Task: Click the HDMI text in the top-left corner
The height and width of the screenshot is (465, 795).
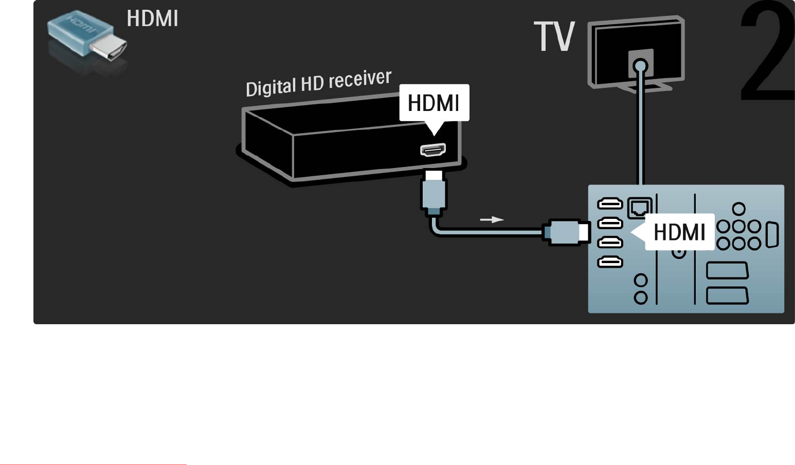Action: pos(152,19)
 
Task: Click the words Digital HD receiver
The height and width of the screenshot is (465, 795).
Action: pos(318,83)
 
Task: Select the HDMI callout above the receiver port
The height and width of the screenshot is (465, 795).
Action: pos(434,103)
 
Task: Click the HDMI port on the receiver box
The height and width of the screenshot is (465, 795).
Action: pos(433,150)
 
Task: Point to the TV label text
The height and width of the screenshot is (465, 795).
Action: pos(554,36)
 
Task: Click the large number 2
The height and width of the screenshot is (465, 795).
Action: pos(766,51)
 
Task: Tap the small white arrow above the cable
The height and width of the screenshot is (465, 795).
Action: pos(492,220)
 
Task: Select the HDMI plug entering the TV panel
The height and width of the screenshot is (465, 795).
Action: pos(566,232)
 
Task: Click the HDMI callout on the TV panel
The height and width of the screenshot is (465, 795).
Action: pos(679,232)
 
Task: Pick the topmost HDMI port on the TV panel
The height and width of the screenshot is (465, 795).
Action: pos(610,204)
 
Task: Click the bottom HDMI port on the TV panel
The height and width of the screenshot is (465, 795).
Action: pos(610,263)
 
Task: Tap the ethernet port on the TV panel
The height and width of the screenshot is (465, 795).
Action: pos(640,207)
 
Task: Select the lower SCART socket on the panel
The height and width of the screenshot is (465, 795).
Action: pos(727,295)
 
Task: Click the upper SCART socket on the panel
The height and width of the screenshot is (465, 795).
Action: pos(727,270)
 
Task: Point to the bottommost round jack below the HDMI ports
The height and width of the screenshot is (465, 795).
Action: pos(641,297)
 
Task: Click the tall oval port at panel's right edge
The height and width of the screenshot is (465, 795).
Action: pos(772,235)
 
